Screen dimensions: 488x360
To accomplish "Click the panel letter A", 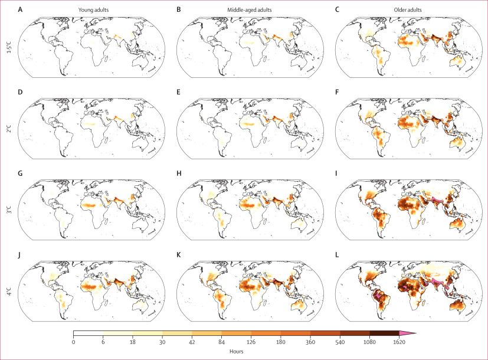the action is tap(20, 9).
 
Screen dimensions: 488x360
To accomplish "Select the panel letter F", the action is tap(337, 92).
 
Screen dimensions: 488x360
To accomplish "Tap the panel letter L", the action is tap(337, 255).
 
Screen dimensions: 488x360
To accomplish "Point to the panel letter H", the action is tap(179, 174).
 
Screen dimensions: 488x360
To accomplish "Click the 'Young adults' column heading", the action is tap(93, 10).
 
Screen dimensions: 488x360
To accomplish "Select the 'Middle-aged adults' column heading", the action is tap(250, 10).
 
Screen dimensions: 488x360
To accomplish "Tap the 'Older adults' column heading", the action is tap(408, 10).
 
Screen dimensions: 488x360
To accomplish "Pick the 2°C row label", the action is tap(9, 129).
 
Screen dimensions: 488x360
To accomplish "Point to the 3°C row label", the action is tap(9, 210).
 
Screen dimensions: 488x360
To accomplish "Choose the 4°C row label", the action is tap(9, 291).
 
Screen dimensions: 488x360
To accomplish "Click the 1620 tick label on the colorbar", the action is tap(399, 342).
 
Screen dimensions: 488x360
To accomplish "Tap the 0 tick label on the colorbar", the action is tap(73, 342).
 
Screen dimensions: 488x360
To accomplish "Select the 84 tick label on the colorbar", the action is tap(222, 342).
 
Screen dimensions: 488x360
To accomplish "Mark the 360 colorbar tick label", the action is tap(310, 342).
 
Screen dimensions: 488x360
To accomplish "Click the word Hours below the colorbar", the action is tap(237, 351).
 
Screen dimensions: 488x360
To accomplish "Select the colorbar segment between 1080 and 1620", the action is tap(384, 333).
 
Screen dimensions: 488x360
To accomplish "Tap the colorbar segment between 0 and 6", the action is tap(88, 333).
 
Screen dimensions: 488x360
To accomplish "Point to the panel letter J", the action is tap(19, 255).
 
